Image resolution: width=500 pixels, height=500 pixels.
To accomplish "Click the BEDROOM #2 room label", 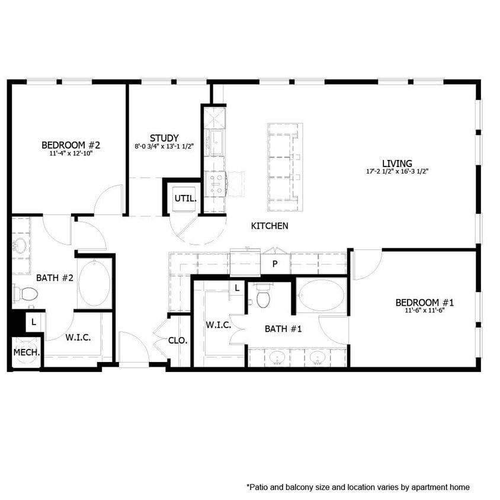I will (x=70, y=145).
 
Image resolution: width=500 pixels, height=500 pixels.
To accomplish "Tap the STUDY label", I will (x=164, y=138).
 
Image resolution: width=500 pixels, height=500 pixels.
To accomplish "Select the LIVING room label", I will (x=396, y=164).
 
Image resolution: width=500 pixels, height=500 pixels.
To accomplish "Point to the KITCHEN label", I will (x=270, y=226).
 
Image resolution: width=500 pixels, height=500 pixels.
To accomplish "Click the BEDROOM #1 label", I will (x=424, y=303).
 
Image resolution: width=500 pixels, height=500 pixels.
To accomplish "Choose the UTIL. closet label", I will (x=184, y=198).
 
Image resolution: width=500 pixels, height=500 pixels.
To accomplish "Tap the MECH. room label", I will (x=27, y=352).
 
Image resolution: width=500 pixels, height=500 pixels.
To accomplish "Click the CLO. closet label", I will (x=178, y=341).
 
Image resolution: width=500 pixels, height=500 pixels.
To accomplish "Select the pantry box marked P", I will (x=275, y=264).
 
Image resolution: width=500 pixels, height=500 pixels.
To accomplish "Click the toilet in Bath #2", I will (x=26, y=293).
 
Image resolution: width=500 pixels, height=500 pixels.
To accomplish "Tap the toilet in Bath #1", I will (x=263, y=298).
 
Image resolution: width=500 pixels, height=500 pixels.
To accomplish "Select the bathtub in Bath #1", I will (x=322, y=296).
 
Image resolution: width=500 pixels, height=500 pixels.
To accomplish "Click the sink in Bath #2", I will (x=21, y=245).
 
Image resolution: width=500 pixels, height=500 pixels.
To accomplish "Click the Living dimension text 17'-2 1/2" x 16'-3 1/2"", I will (x=396, y=172).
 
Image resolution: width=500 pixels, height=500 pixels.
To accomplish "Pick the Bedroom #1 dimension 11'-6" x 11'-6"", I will (x=424, y=310).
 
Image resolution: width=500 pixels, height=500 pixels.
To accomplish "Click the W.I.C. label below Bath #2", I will (x=78, y=337).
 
